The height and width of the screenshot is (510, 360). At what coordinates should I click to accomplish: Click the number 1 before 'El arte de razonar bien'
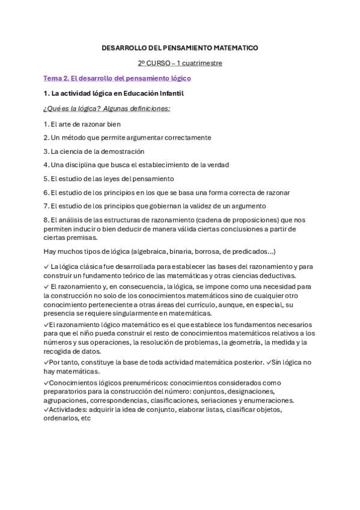(x=46, y=124)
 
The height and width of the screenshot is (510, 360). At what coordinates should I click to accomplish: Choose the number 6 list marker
(x=46, y=192)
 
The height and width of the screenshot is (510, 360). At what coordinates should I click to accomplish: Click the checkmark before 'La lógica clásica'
(x=47, y=266)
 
